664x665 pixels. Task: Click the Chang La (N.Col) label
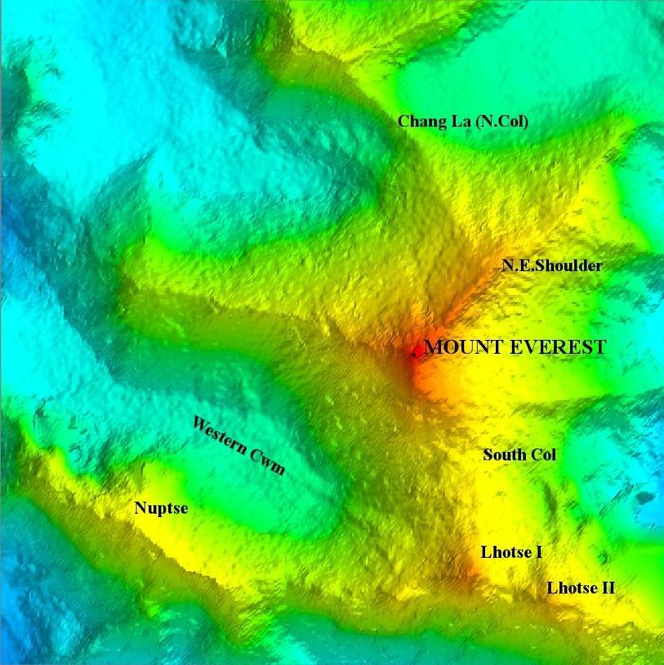(x=463, y=121)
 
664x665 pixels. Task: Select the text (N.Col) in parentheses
(x=503, y=121)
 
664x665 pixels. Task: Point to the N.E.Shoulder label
(x=552, y=265)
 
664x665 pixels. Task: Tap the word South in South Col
(x=502, y=455)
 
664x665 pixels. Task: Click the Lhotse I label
(x=512, y=552)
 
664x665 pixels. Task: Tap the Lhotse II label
(x=581, y=588)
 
